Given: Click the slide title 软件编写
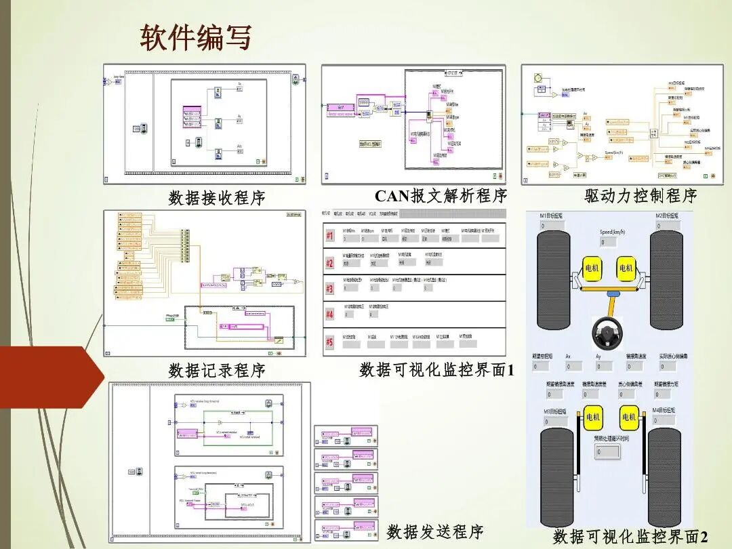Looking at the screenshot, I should pyautogui.click(x=196, y=38).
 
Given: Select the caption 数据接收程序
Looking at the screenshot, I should pyautogui.click(x=217, y=198).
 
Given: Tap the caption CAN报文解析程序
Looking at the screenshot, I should pyautogui.click(x=441, y=196).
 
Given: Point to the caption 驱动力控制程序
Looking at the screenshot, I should pyautogui.click(x=640, y=196).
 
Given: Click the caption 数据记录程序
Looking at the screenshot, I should pyautogui.click(x=217, y=371).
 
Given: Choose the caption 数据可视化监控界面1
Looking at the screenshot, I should pyautogui.click(x=437, y=370).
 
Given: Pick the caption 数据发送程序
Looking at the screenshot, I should pyautogui.click(x=435, y=532).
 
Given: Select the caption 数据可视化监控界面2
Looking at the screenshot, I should pyautogui.click(x=630, y=537).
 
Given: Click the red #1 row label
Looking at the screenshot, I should pyautogui.click(x=330, y=236).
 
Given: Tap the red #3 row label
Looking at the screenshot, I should pyautogui.click(x=330, y=289).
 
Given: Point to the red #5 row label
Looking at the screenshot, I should pyautogui.click(x=330, y=341).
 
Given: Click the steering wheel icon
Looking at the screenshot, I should pyautogui.click(x=608, y=331).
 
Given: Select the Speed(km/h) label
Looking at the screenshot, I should pyautogui.click(x=616, y=232).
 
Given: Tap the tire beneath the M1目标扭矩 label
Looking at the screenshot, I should pyautogui.click(x=554, y=280).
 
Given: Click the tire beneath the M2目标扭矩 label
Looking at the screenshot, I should pyautogui.click(x=666, y=280).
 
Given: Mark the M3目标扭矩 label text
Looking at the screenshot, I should pyautogui.click(x=555, y=411).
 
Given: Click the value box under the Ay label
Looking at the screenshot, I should pyautogui.click(x=603, y=366).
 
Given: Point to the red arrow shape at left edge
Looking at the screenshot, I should pyautogui.click(x=47, y=377).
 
